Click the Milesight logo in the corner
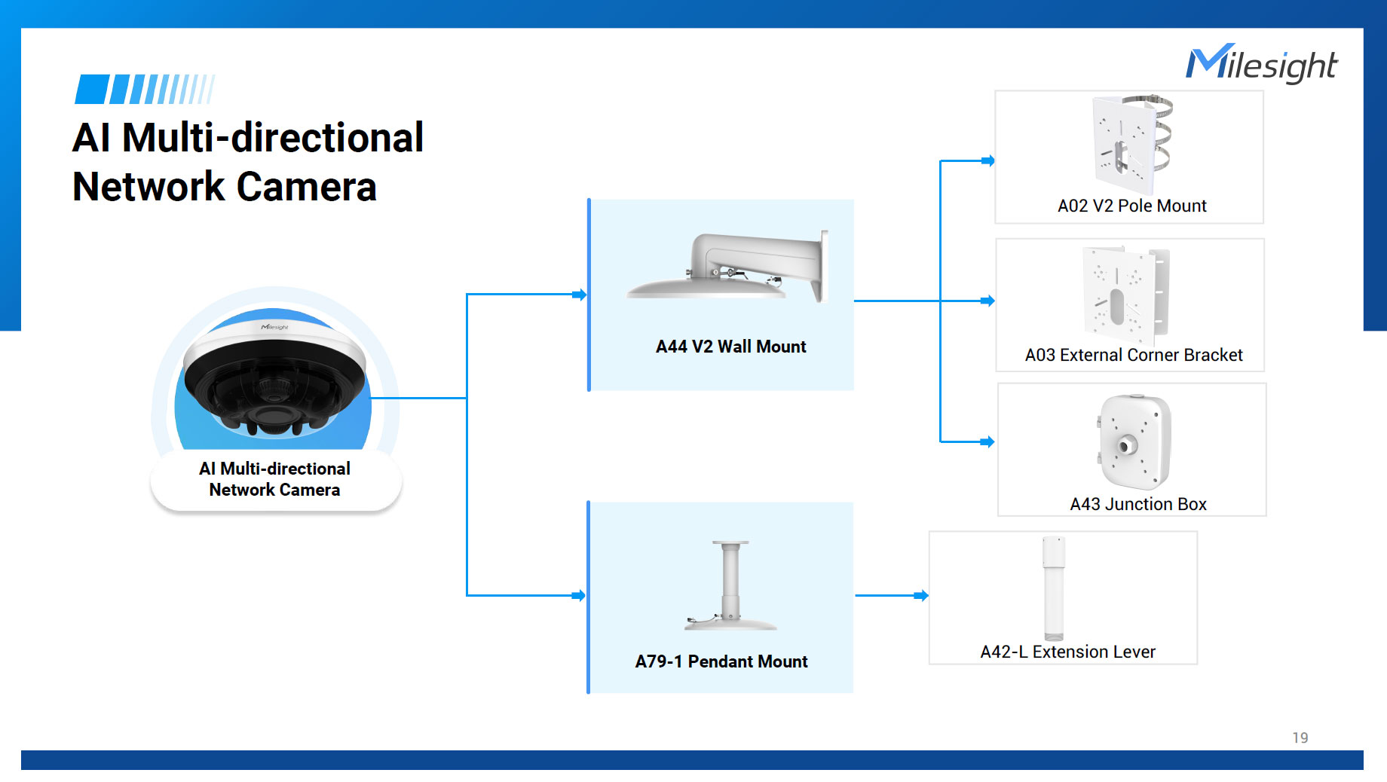pos(1261,64)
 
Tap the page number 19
pos(1300,738)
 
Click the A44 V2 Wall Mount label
pos(730,347)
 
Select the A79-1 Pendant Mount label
pos(721,661)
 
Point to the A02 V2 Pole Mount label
pos(1131,206)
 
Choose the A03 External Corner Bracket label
pos(1134,355)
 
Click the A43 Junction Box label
pos(1138,504)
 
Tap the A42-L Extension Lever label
pos(1067,652)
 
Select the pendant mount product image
pos(730,585)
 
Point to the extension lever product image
pos(1054,588)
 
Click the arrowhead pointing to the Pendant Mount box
pos(579,596)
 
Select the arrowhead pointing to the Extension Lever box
pos(921,596)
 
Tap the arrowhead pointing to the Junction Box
pos(987,442)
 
